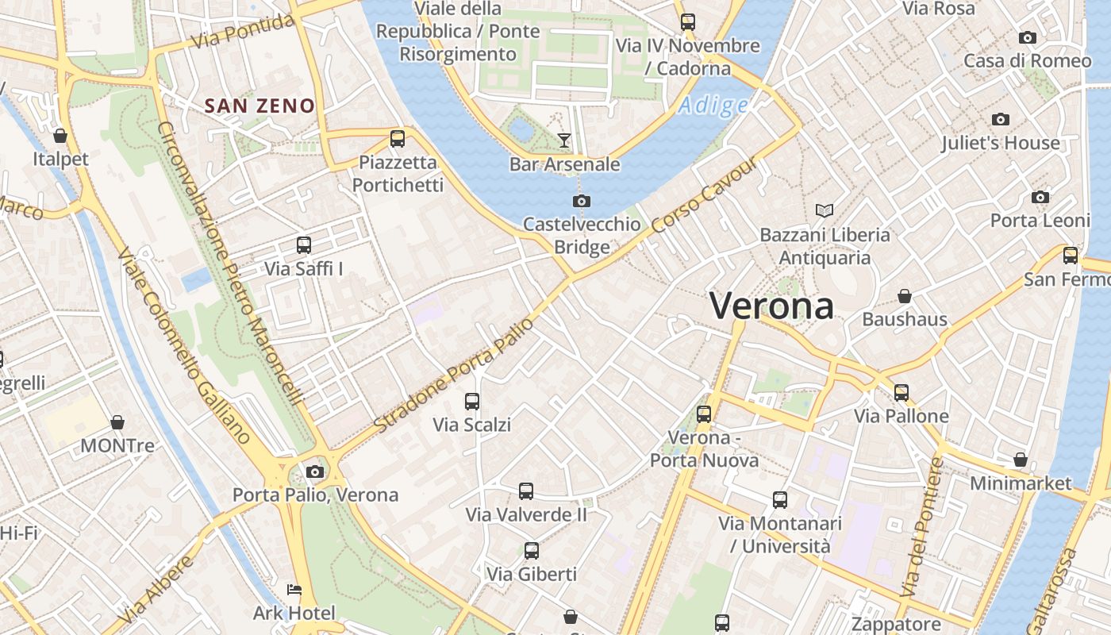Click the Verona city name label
(771, 306)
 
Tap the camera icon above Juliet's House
(1001, 120)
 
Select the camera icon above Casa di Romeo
(1028, 37)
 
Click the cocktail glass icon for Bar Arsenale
(564, 140)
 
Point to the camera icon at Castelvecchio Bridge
(582, 201)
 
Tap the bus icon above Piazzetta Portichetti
(398, 139)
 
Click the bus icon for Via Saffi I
(304, 245)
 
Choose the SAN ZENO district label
(259, 106)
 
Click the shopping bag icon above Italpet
(60, 136)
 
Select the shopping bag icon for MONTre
(117, 421)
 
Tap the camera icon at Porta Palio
(315, 471)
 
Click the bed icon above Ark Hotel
(294, 590)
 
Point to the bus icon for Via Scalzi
(472, 401)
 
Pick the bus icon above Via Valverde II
(526, 491)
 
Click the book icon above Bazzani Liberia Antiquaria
(825, 210)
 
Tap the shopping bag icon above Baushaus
(904, 296)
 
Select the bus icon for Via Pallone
(901, 392)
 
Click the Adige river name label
(713, 105)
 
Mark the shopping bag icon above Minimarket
(1021, 460)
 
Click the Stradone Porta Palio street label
(453, 375)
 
